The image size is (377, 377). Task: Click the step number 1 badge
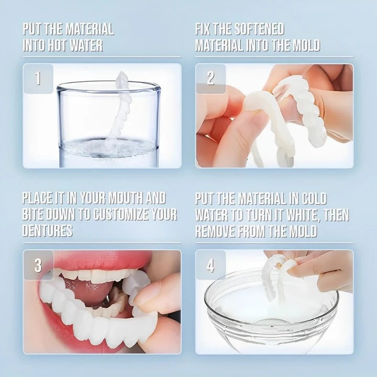pos(38,79)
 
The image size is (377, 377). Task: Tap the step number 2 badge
pos(210,79)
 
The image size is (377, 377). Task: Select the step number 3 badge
pos(38,265)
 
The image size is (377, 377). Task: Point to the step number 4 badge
pos(210,265)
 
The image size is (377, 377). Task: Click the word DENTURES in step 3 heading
pos(47,231)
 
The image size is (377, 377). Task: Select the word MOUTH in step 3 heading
pos(120,198)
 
